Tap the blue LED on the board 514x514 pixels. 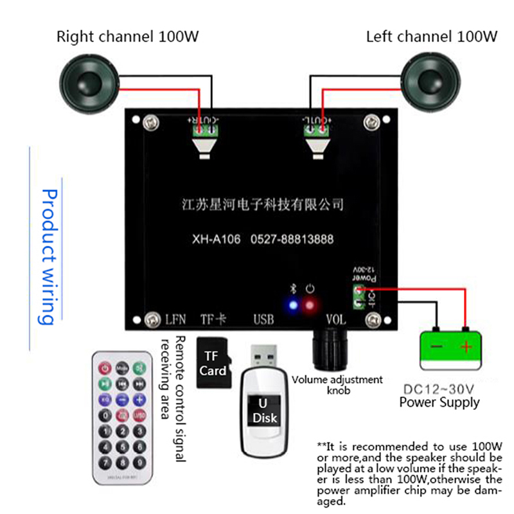294,305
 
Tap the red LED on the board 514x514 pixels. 310,305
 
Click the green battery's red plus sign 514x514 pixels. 466,348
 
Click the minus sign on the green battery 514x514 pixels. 436,348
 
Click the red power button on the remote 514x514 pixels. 104,368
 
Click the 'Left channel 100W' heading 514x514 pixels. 431,37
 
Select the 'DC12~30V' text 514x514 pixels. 439,389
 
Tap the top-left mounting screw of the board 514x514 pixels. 152,120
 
